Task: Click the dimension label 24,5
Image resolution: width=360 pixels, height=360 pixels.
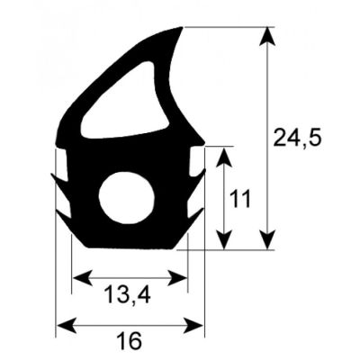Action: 296,138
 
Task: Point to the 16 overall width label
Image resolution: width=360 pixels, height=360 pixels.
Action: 130,342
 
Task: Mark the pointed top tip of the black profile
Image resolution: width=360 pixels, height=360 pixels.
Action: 184,28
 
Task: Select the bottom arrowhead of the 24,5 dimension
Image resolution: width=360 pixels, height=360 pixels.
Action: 267,240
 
